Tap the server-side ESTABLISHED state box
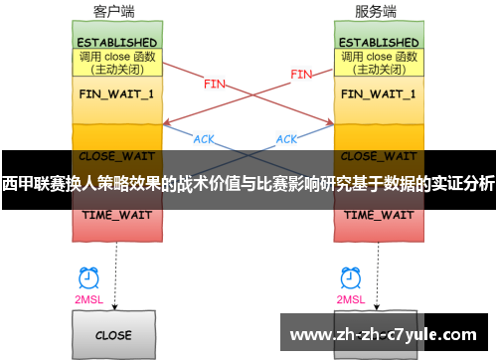click(379, 43)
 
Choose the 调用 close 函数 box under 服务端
click(379, 63)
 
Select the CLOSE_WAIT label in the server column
click(379, 156)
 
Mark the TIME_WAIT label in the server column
click(379, 214)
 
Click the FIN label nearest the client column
click(214, 84)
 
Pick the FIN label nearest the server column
click(301, 74)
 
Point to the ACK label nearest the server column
click(286, 138)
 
